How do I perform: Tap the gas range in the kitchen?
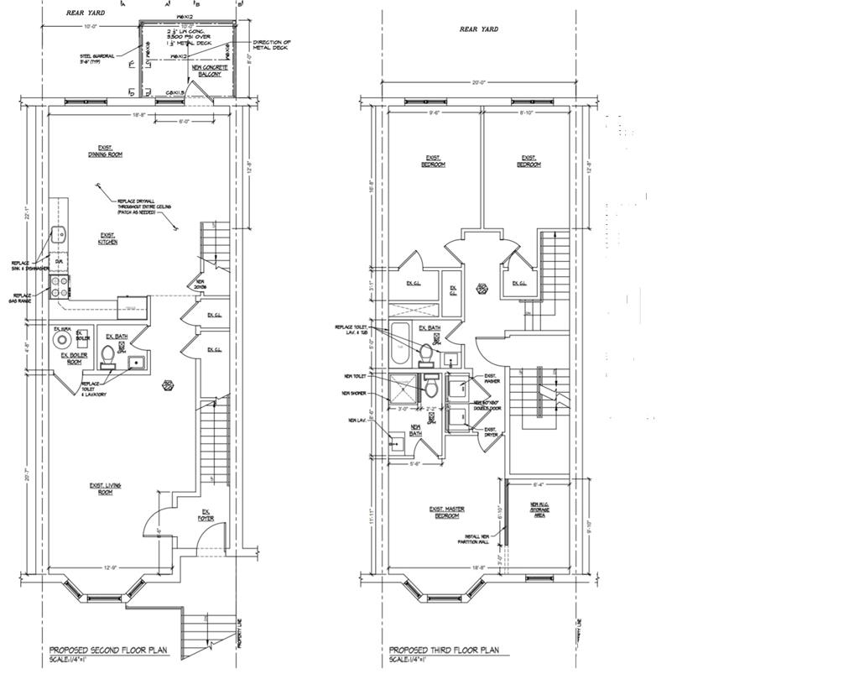click(x=60, y=288)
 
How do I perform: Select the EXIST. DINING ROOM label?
click(x=105, y=152)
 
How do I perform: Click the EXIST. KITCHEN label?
click(x=107, y=238)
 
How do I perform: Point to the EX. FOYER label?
click(x=205, y=515)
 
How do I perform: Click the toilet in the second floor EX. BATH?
click(x=107, y=359)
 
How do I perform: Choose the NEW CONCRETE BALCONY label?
click(x=205, y=71)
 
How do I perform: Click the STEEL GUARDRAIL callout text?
click(x=85, y=60)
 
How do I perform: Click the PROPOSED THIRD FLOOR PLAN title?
click(x=444, y=650)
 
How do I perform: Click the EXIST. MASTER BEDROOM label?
click(x=446, y=512)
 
